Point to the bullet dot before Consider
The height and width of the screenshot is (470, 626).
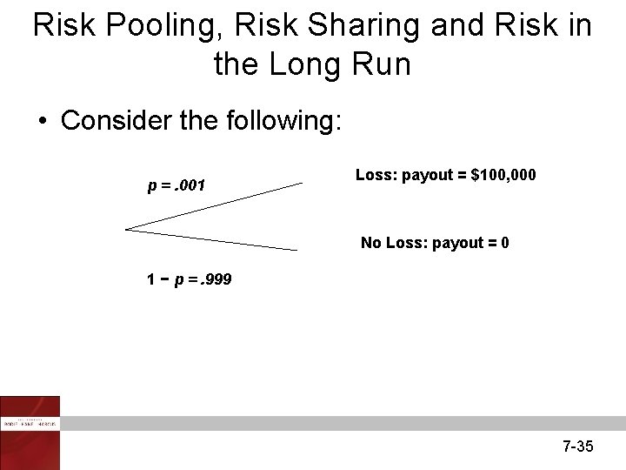42,121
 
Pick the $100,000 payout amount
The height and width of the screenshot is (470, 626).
503,176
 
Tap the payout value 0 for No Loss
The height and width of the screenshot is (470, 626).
504,243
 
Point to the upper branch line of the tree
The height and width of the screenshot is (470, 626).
217,205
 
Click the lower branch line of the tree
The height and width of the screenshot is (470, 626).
217,240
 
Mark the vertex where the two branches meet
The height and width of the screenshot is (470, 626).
127,230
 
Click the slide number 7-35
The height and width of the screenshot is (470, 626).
577,446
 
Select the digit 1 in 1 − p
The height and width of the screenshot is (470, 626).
151,280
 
